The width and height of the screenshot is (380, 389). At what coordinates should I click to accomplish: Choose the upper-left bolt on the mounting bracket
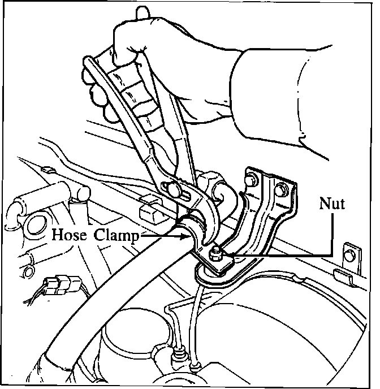[x=249, y=180]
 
